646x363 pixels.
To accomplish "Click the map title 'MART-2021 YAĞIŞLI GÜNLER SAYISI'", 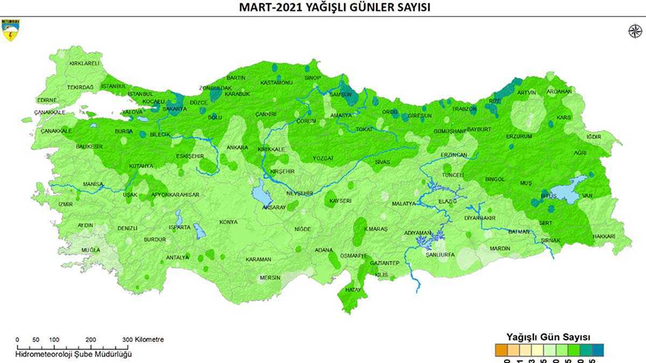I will [x=335, y=8].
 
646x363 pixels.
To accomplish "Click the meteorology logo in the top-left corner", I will [x=10, y=31].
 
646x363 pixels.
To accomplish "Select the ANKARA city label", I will [x=237, y=147].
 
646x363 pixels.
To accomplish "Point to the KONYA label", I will [x=228, y=222].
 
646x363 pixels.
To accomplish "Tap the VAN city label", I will [x=587, y=196].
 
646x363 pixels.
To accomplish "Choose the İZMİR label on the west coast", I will [x=65, y=204].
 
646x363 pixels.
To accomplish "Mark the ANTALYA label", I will [x=177, y=257].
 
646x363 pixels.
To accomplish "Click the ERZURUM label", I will [x=519, y=137].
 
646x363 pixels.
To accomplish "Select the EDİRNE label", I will [x=46, y=100].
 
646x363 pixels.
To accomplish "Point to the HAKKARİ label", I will [x=603, y=236].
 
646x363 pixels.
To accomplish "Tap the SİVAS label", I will [x=382, y=161].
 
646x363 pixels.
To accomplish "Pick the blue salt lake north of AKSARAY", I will [x=261, y=189].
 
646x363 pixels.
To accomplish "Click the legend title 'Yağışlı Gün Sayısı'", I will [x=548, y=337].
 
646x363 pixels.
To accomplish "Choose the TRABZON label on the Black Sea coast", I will [x=464, y=109].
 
